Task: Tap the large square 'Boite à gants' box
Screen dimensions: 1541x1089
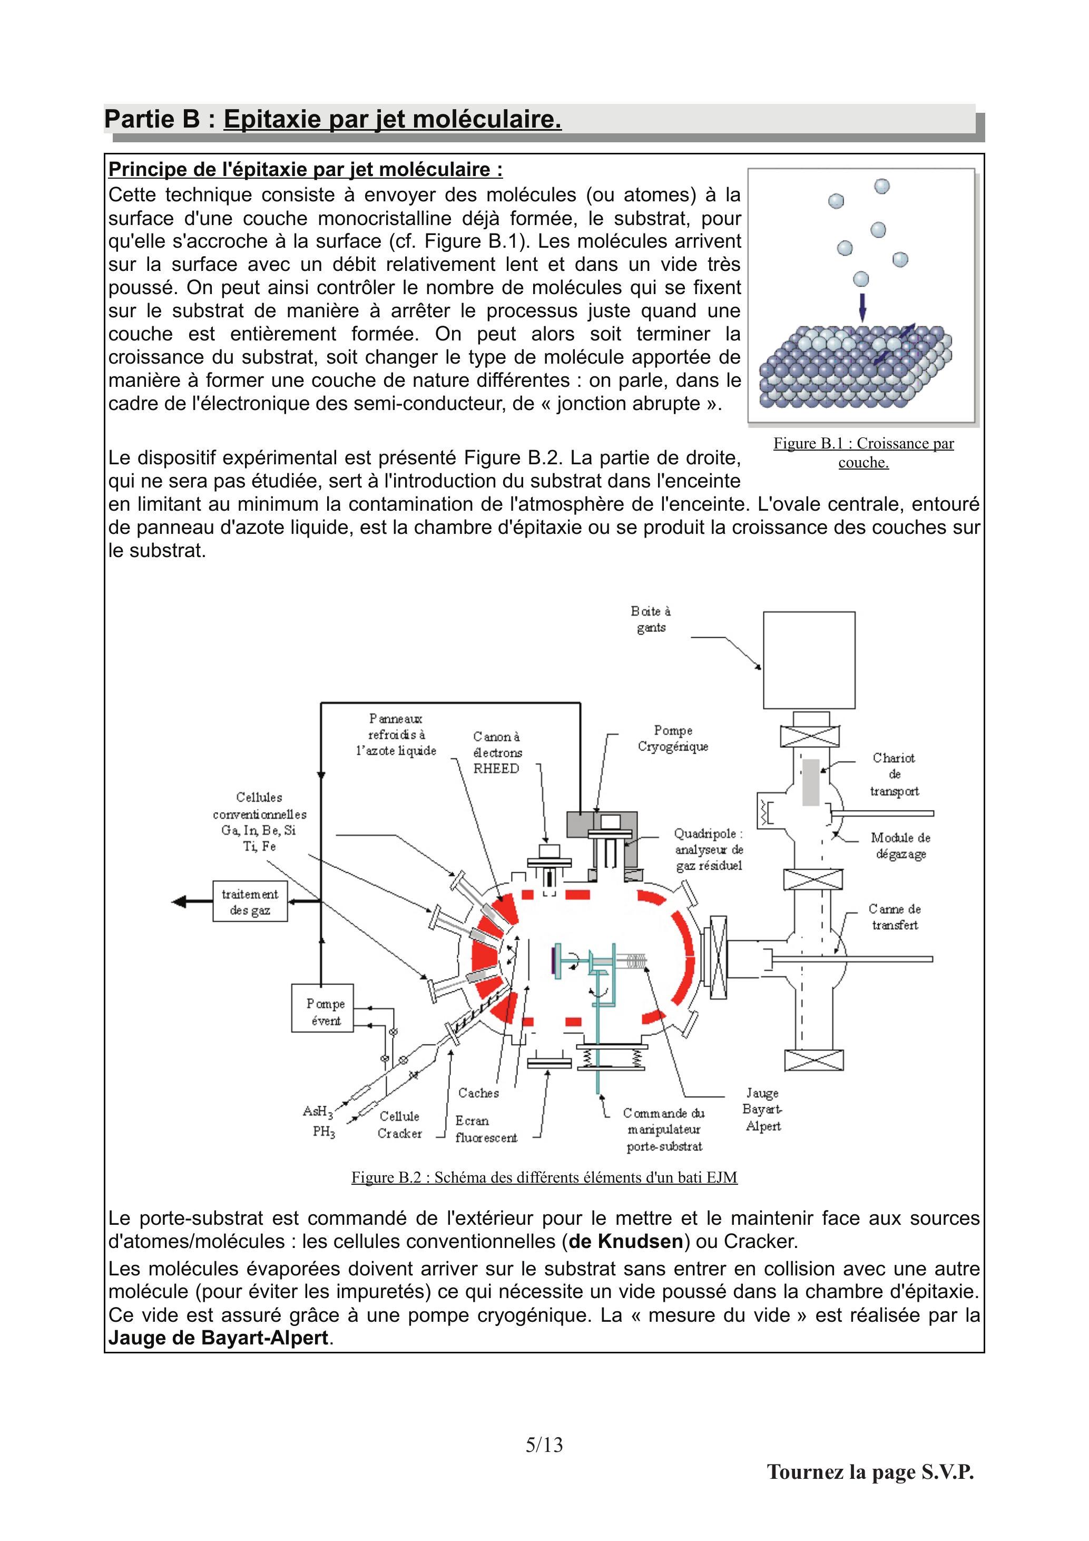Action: pos(809,660)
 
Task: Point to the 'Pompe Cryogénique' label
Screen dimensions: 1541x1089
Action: pos(673,738)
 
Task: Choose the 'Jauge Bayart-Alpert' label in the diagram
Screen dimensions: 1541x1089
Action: pos(763,1109)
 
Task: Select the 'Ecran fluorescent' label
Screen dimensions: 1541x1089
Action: pos(486,1129)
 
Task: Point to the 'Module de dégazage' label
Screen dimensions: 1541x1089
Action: pos(900,846)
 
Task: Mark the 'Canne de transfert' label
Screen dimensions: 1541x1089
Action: pos(895,917)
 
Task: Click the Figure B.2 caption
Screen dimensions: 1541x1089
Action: pos(544,1177)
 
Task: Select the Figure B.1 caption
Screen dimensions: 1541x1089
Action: pos(864,452)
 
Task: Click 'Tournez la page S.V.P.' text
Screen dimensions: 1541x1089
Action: pos(870,1472)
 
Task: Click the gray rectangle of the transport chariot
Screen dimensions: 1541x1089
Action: pos(811,782)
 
